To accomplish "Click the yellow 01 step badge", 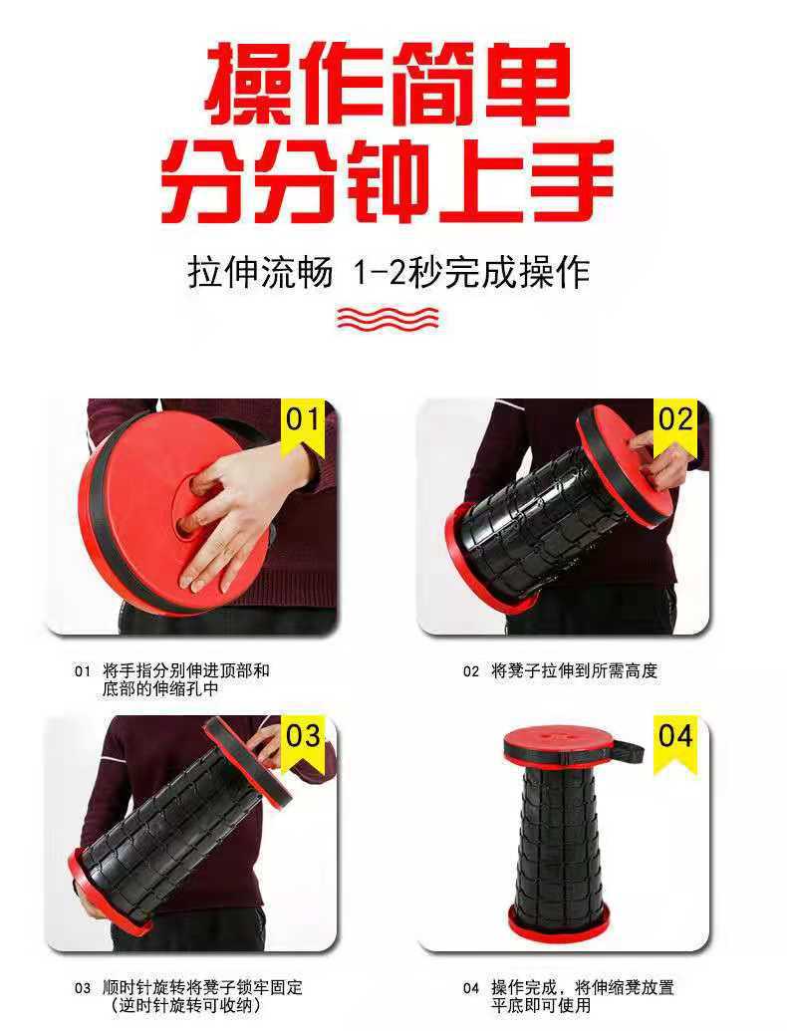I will pyautogui.click(x=303, y=419).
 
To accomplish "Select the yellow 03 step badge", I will pyautogui.click(x=303, y=736).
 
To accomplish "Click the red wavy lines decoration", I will pyautogui.click(x=389, y=317).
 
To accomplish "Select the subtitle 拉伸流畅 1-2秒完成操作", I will pyautogui.click(x=389, y=271).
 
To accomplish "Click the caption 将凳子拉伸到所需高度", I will pyautogui.click(x=574, y=671).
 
